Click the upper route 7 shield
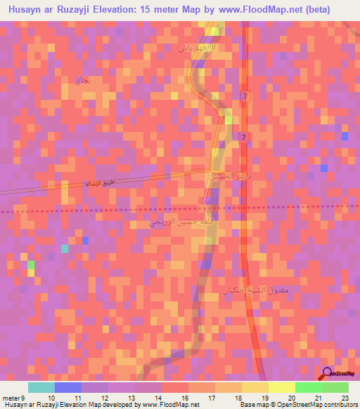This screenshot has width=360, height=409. pyautogui.click(x=243, y=96)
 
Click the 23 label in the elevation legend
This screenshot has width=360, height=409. pyautogui.click(x=345, y=398)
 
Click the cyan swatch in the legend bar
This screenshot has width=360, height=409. pyautogui.click(x=41, y=387)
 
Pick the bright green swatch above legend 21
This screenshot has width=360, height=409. pyautogui.click(x=308, y=387)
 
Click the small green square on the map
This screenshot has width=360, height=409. pyautogui.click(x=31, y=264)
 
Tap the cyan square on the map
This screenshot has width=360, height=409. pyautogui.click(x=65, y=248)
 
